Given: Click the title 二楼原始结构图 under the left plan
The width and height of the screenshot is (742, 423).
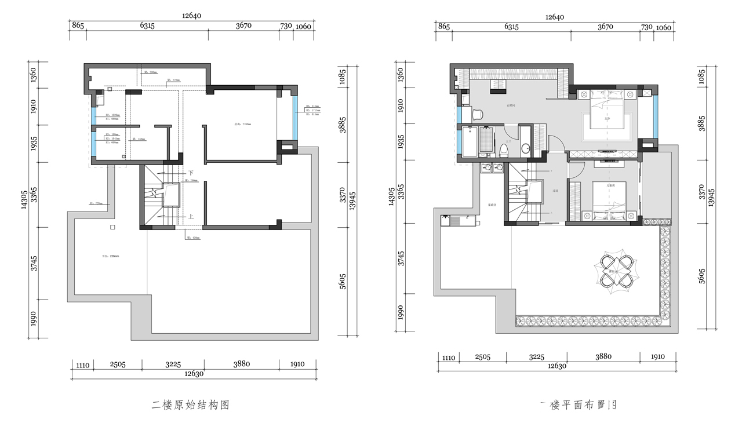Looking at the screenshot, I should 191,405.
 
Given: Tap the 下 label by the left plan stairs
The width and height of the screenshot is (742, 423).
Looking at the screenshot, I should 190,173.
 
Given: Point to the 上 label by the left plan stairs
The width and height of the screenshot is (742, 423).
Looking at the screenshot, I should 190,217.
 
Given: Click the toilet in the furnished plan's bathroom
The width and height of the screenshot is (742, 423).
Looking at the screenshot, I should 503,151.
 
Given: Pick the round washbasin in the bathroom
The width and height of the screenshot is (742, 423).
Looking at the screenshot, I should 525,149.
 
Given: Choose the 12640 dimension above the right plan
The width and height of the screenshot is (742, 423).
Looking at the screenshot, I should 554,17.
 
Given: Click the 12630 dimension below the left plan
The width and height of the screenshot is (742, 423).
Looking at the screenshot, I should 194,374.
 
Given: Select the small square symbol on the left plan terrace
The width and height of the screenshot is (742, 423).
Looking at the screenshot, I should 113,227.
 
